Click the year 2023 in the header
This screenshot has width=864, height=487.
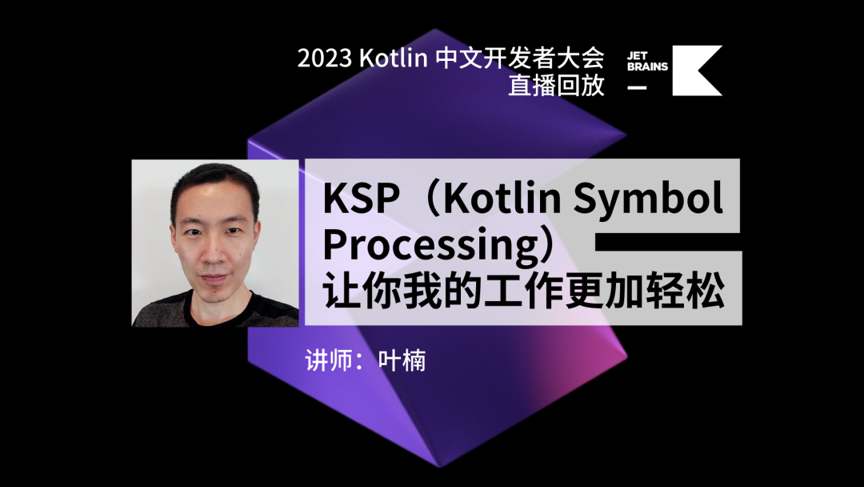point(325,58)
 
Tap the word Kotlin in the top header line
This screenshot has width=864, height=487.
point(393,58)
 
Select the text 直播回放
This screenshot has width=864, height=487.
point(556,85)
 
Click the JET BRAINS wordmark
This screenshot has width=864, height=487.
point(647,61)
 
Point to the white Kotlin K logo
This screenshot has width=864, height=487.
point(697,70)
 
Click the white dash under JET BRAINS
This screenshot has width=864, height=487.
point(637,87)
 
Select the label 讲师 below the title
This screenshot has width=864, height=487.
point(329,360)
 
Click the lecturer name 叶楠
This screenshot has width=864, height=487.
point(402,360)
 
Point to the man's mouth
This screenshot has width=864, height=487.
point(214,279)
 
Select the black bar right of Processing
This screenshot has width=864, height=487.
point(668,242)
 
